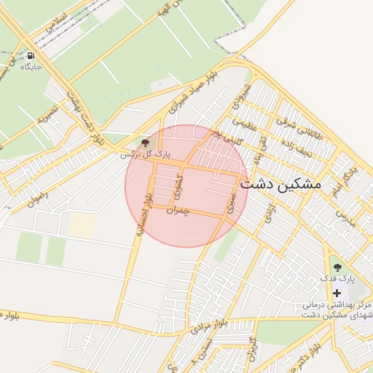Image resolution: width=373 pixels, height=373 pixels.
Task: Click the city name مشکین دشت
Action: point(280,184)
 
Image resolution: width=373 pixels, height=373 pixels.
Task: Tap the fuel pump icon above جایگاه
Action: point(30,55)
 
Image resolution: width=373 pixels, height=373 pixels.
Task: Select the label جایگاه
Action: point(31,67)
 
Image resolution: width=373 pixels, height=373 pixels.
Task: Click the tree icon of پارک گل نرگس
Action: point(145,142)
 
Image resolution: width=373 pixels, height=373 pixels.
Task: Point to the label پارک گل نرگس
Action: point(146,154)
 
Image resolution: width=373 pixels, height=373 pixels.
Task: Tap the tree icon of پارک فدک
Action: point(337,267)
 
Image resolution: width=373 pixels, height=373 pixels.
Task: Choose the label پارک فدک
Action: point(337,279)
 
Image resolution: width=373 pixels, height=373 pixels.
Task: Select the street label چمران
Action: point(178,211)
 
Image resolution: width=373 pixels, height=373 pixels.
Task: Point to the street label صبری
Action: point(231,202)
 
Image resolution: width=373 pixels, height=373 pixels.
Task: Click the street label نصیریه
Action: point(47,114)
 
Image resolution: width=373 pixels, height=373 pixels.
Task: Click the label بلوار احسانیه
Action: point(144,216)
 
